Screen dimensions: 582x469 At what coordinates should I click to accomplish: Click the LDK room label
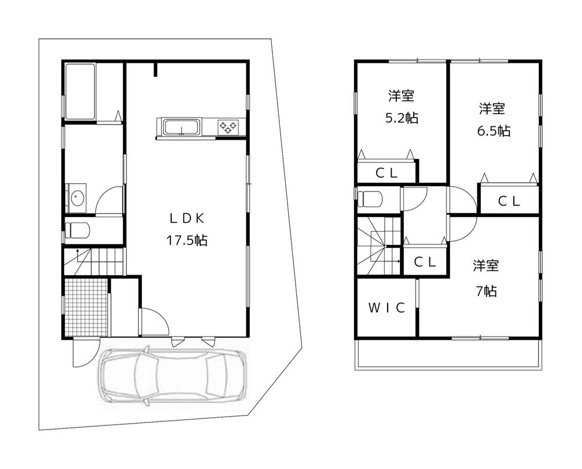(x=187, y=219)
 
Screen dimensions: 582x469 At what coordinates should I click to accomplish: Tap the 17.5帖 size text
(x=186, y=241)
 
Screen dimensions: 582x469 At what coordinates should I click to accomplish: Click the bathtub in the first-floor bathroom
(x=80, y=92)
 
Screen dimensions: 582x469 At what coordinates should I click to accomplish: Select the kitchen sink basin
(x=180, y=127)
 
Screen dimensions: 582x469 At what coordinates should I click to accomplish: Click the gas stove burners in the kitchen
(x=228, y=127)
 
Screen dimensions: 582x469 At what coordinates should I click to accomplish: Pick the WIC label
(x=386, y=308)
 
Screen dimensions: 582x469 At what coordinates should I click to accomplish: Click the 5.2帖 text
(x=402, y=118)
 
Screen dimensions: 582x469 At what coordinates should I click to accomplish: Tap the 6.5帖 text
(x=494, y=131)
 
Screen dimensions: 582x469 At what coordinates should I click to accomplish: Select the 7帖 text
(x=486, y=292)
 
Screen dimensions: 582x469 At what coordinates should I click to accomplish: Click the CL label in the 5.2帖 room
(x=386, y=173)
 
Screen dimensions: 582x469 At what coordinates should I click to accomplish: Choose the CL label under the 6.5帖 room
(x=509, y=201)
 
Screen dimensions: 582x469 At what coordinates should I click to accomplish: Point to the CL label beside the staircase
(x=425, y=262)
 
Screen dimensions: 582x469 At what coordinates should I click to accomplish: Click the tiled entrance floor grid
(x=87, y=307)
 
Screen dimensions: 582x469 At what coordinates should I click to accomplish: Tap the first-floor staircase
(x=93, y=262)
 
